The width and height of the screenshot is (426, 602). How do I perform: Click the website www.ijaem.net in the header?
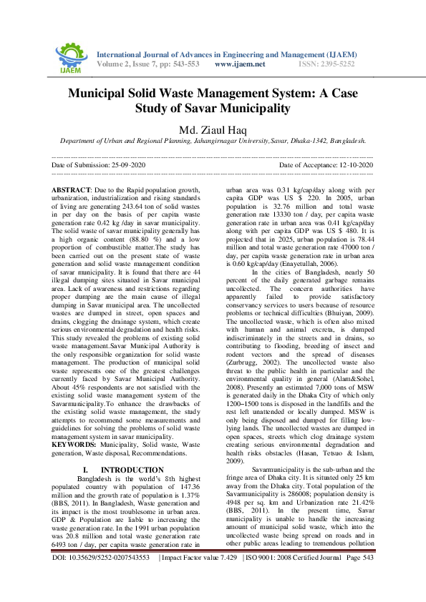tap(240, 64)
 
